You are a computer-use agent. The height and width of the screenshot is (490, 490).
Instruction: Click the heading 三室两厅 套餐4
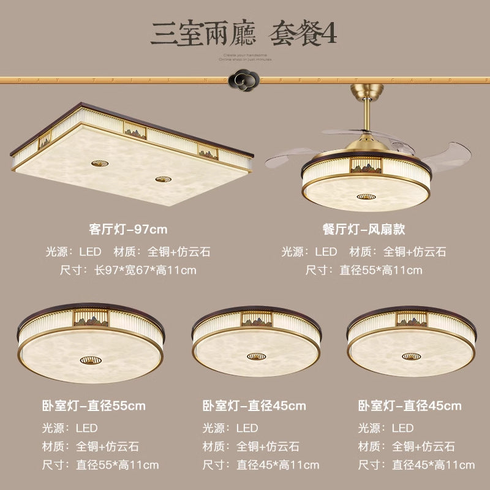[x=244, y=34]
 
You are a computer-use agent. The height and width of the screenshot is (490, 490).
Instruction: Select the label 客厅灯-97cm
[x=128, y=230]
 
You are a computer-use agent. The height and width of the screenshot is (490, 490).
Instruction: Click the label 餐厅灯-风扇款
[x=364, y=230]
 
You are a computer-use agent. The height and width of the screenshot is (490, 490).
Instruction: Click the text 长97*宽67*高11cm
[x=145, y=270]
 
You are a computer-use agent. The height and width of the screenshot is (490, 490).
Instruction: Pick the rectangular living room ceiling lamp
[x=132, y=153]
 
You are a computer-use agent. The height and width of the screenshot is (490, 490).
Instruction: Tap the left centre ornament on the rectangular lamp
[x=98, y=164]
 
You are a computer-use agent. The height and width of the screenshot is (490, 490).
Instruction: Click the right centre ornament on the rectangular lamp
[x=162, y=179]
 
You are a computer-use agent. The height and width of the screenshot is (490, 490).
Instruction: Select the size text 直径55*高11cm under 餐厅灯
[x=381, y=270]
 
